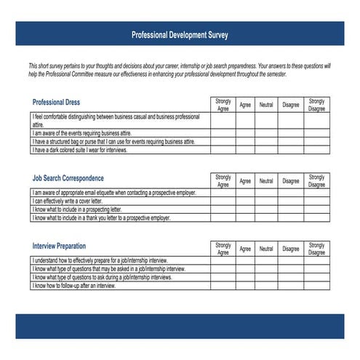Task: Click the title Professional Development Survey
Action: click(179, 33)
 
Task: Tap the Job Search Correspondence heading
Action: click(68, 178)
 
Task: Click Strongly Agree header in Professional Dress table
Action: click(223, 105)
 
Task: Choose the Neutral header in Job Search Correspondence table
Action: click(266, 180)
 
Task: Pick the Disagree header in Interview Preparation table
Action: click(291, 249)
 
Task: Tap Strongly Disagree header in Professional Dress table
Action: click(316, 105)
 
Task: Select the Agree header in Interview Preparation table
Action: click(245, 249)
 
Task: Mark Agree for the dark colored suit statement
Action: click(245, 150)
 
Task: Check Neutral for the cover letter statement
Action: click(266, 201)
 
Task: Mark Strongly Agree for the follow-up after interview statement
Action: click(223, 286)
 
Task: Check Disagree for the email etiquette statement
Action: click(291, 193)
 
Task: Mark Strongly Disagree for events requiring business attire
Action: click(316, 134)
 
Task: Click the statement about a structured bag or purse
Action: click(113, 142)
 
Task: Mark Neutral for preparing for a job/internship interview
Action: click(266, 260)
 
